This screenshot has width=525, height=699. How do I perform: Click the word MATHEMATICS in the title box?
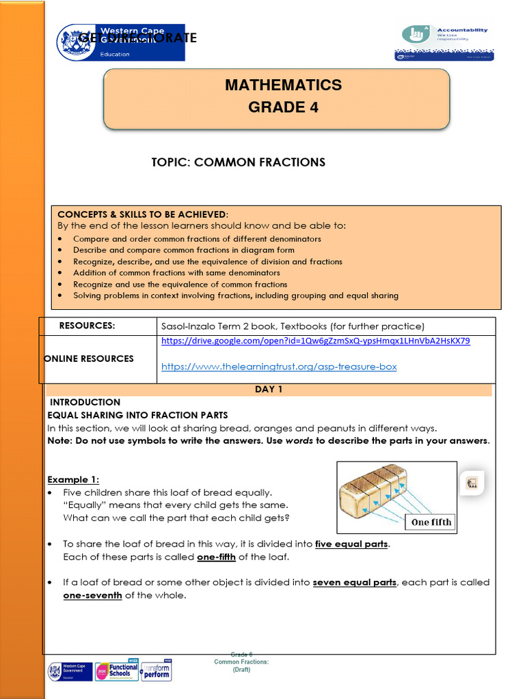click(x=283, y=85)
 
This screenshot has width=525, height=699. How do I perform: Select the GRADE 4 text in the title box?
click(x=283, y=107)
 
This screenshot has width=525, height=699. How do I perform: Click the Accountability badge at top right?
click(x=445, y=43)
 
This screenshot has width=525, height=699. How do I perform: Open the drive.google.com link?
click(x=315, y=341)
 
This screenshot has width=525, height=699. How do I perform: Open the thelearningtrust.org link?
click(x=279, y=367)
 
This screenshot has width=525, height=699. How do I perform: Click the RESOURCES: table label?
click(x=87, y=326)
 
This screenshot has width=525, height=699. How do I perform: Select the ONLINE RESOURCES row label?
click(x=89, y=358)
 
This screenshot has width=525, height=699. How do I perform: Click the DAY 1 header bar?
click(x=269, y=390)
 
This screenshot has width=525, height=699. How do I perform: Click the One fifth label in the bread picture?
click(x=431, y=522)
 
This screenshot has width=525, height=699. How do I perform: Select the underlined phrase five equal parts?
click(x=351, y=544)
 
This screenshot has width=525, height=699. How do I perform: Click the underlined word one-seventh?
click(x=92, y=595)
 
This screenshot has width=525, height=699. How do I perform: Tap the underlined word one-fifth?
click(x=216, y=557)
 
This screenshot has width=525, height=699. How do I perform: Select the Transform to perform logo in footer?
click(x=156, y=670)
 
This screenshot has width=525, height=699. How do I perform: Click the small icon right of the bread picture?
click(x=472, y=483)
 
